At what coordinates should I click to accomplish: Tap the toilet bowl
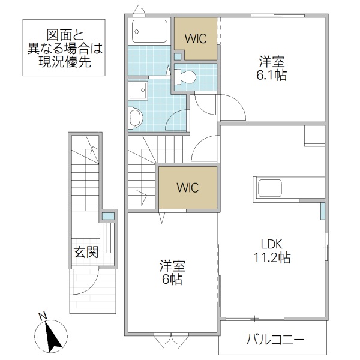point(187,76)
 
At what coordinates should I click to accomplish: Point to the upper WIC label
point(196,38)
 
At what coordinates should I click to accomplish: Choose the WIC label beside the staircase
point(187,187)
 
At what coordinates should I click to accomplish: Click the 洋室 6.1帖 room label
point(272,67)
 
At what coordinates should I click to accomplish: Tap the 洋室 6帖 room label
point(172,272)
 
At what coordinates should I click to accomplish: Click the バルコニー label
point(275,341)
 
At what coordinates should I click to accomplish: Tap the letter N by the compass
point(42,316)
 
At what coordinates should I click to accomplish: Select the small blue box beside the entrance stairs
point(108,215)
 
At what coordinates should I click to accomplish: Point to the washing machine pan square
point(138,90)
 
